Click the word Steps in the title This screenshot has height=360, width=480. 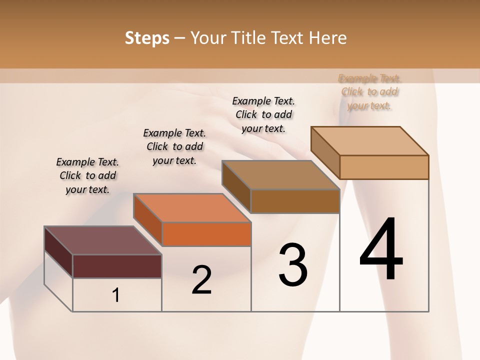pos(147,38)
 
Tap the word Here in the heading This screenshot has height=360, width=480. pos(326,38)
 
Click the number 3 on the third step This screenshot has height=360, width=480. pos(293,265)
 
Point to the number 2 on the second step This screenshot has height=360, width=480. pos(201,279)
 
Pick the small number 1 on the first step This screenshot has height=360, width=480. pos(116,295)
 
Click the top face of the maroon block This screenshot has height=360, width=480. pos(102,240)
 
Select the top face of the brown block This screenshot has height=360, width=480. pos(280,175)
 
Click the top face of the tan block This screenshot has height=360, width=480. pos(369,140)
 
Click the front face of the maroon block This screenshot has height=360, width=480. pos(117,266)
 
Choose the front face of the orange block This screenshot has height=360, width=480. pos(206,234)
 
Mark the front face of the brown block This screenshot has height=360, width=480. pos(295,201)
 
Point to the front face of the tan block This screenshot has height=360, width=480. pos(384,167)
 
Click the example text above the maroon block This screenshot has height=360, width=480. pos(87,175)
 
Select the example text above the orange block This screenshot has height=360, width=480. pos(174,146)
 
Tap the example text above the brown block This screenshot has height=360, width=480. pos(263,114)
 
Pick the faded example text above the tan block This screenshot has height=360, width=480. pos(369,92)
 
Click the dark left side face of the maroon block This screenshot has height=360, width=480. pos(58,251)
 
